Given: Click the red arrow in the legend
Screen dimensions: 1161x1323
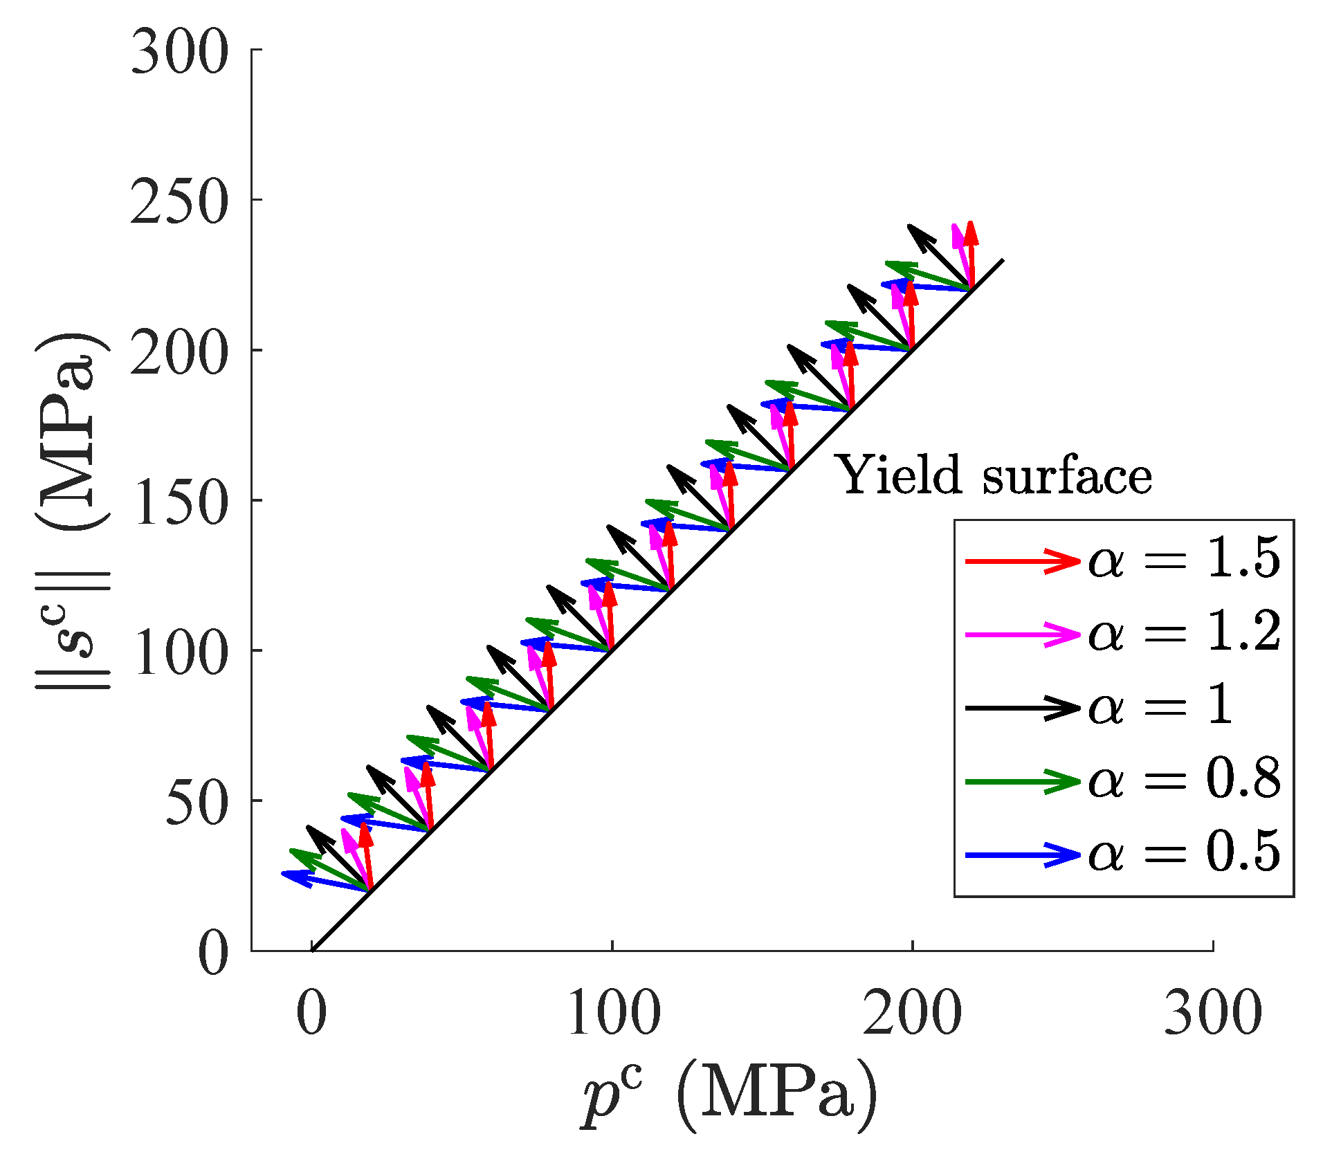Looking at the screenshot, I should click(1022, 560).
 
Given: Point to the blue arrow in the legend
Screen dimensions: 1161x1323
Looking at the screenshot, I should click(1022, 855).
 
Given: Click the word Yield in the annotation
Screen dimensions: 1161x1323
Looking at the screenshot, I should click(900, 476).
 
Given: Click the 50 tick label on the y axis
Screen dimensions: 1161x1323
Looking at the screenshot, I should click(197, 801).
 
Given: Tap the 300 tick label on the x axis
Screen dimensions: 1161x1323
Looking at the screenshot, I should click(1212, 1014).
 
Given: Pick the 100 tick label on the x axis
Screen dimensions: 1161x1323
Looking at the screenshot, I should click(613, 1014).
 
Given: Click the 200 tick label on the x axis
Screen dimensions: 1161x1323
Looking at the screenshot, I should click(912, 1014).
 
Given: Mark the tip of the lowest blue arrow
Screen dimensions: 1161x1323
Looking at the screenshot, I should click(284, 873).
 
